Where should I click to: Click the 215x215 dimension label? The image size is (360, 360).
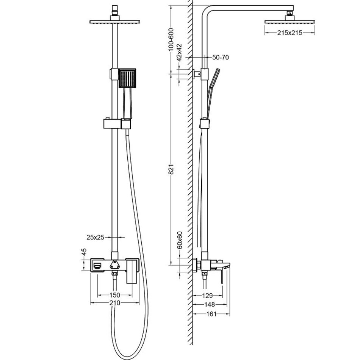coord(290,33)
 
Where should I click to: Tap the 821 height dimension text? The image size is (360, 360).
coord(171,169)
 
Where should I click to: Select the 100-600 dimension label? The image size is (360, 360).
coord(171,39)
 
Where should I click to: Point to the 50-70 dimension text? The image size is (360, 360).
coord(221,58)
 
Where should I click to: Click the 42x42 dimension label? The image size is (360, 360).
coord(180,52)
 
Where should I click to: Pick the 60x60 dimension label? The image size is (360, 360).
coord(180,239)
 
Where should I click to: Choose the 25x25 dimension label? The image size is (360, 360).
coord(95,237)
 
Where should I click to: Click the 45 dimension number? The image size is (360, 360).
coord(84,252)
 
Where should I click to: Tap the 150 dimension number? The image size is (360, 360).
coord(115,295)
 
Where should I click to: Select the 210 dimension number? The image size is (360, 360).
coord(115,303)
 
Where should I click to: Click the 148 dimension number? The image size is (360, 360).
coord(210,304)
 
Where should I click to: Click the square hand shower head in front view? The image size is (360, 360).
coord(127,78)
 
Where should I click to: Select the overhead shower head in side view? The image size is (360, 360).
coord(290,22)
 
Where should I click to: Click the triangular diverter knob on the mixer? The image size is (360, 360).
coord(114,264)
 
